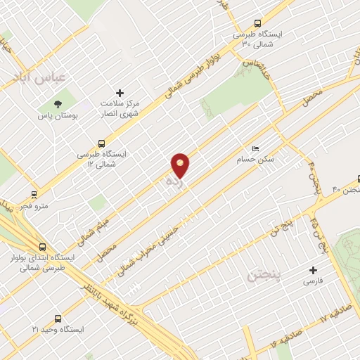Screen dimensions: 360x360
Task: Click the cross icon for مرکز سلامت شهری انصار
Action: coord(120,93)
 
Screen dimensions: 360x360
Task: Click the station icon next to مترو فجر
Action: coord(33,194)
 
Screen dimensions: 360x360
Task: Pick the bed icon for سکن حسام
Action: coord(255,150)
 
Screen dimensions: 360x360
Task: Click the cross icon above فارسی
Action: coord(314,270)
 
